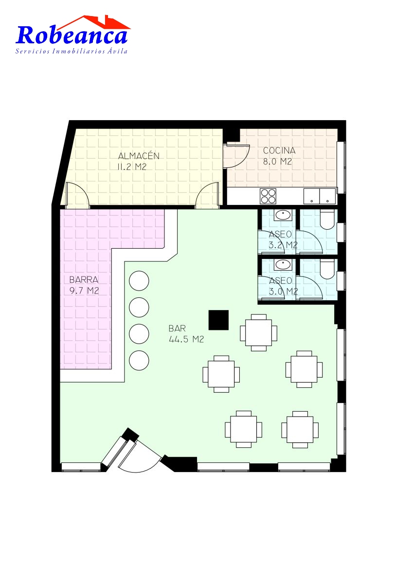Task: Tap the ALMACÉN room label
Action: click(138, 156)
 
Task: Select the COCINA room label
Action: click(279, 150)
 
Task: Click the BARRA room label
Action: click(84, 280)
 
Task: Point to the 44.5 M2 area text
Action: click(186, 339)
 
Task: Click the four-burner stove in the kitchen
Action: click(268, 196)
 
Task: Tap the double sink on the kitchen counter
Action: click(320, 196)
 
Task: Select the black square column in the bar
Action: click(218, 320)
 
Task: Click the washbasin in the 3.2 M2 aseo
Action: click(283, 215)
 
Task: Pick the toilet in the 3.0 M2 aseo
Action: click(327, 269)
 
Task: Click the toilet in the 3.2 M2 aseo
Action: click(327, 219)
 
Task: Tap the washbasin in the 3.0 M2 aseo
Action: click(283, 265)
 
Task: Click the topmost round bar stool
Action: click(139, 281)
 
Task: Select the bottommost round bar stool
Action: click(139, 361)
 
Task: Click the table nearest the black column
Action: click(258, 333)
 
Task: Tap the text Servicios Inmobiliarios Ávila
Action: click(72, 51)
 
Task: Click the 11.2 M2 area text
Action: click(132, 166)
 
